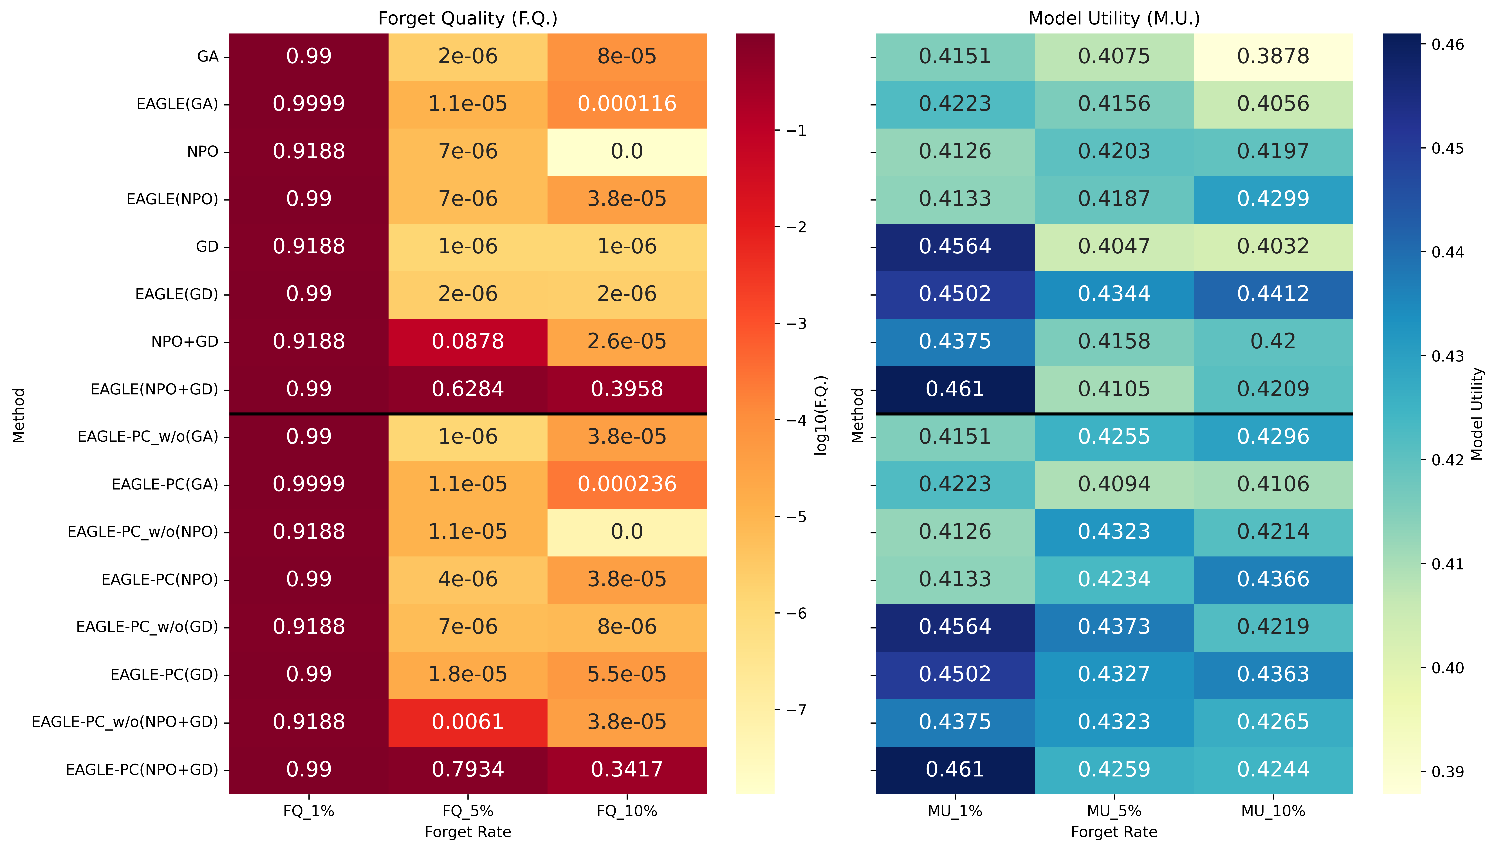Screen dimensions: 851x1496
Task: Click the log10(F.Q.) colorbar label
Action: pos(821,415)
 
